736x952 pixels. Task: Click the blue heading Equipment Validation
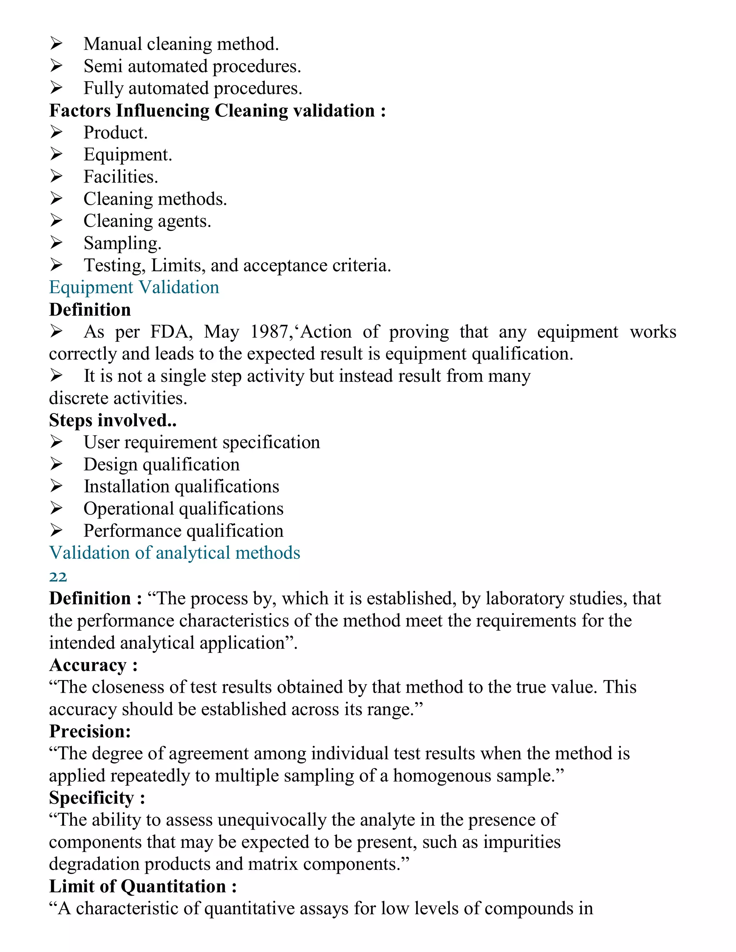tap(134, 287)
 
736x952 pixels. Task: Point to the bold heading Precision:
tap(90, 731)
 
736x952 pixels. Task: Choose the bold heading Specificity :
tap(97, 798)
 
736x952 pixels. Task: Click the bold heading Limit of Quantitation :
tap(143, 886)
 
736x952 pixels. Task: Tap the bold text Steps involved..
tap(112, 420)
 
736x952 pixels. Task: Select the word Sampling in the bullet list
tap(122, 243)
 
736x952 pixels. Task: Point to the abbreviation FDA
tap(171, 332)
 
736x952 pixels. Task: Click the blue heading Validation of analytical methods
tap(174, 553)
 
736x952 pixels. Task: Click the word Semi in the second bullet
tap(102, 66)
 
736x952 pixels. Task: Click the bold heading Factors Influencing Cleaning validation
tap(217, 111)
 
